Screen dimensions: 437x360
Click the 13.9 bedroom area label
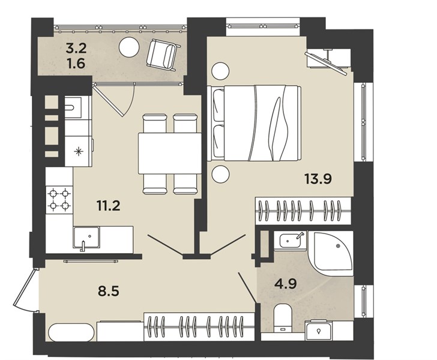pyautogui.click(x=318, y=179)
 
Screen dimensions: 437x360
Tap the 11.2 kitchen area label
pyautogui.click(x=109, y=206)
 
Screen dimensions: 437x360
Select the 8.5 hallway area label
pyautogui.click(x=109, y=291)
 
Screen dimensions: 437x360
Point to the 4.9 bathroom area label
pyautogui.click(x=285, y=284)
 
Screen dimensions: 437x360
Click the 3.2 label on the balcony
pyautogui.click(x=76, y=49)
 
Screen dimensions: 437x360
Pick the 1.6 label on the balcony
pyautogui.click(x=76, y=64)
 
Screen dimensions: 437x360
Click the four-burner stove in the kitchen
pyautogui.click(x=59, y=200)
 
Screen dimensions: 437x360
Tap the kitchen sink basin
pyautogui.click(x=86, y=238)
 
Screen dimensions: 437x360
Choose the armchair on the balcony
pyautogui.click(x=162, y=55)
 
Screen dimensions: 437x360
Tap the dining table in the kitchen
pyautogui.click(x=170, y=153)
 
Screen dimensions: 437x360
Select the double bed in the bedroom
pyautogui.click(x=254, y=123)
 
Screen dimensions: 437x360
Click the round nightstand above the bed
pyautogui.click(x=220, y=71)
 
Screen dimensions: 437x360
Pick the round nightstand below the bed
pyautogui.click(x=220, y=174)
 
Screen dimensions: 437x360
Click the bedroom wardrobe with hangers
pyautogui.click(x=303, y=211)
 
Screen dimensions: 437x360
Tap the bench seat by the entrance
pyautogui.click(x=71, y=332)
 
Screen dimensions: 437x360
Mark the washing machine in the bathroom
pyautogui.click(x=318, y=330)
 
